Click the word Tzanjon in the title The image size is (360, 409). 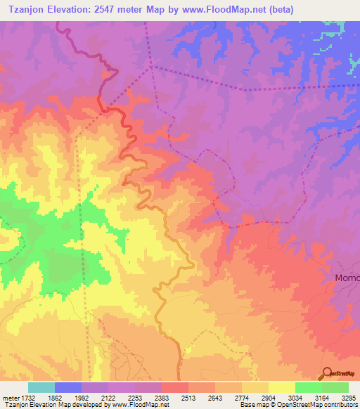coord(26,9)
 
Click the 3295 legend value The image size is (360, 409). coord(349,398)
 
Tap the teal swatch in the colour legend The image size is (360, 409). coord(41,387)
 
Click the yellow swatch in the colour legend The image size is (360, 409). coord(282,387)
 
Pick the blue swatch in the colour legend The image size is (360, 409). coord(68,387)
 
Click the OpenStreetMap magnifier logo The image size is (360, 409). coord(326,373)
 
